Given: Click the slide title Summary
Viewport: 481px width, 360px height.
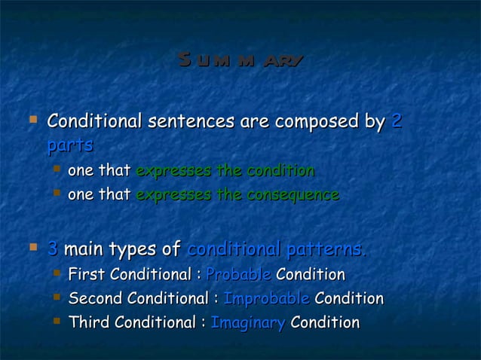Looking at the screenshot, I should [240, 59].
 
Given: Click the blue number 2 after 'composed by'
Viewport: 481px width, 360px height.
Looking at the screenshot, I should [397, 121].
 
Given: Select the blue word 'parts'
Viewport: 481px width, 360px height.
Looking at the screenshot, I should [70, 145].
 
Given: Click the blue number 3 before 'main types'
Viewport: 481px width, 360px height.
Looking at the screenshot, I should [52, 248].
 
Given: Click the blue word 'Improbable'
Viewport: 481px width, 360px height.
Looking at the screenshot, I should [267, 298].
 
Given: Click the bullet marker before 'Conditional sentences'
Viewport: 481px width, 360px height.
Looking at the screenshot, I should [32, 119].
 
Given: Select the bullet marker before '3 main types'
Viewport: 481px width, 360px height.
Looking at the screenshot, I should [32, 246].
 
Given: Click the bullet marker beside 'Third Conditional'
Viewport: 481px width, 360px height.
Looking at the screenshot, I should [57, 322].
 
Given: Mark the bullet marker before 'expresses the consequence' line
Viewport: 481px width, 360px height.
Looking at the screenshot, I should [57, 194].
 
